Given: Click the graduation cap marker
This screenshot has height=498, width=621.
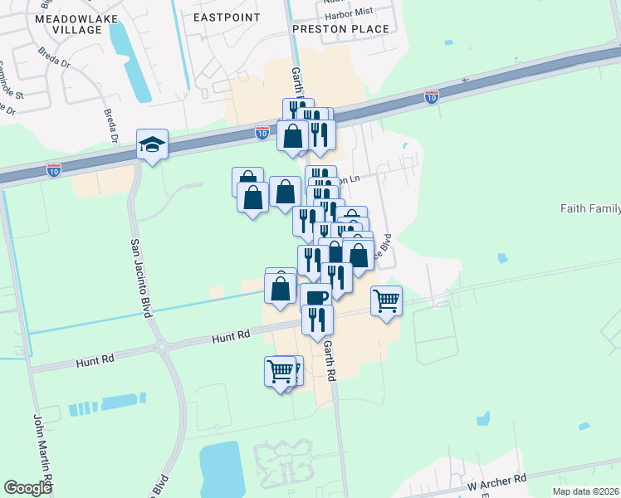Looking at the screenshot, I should (153, 146).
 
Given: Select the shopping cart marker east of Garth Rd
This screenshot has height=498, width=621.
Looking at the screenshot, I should (386, 300).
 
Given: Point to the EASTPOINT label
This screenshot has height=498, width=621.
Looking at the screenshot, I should (226, 17).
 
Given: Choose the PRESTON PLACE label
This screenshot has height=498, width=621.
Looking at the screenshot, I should (340, 29).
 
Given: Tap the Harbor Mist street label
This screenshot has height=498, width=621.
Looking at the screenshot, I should (346, 12).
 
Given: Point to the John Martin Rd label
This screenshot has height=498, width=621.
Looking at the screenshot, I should (42, 452).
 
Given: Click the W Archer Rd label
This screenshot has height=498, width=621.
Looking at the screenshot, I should (496, 479).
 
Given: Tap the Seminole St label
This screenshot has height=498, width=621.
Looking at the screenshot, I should (12, 78).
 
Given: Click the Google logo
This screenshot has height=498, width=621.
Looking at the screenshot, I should (28, 487).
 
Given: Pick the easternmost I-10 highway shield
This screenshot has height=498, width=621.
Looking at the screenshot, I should (431, 98).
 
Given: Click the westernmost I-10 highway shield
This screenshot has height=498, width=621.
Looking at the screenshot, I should (53, 170).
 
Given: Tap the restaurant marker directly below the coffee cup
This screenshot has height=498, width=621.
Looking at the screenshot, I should (317, 319).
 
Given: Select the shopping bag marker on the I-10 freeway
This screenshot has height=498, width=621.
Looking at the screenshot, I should (293, 135).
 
